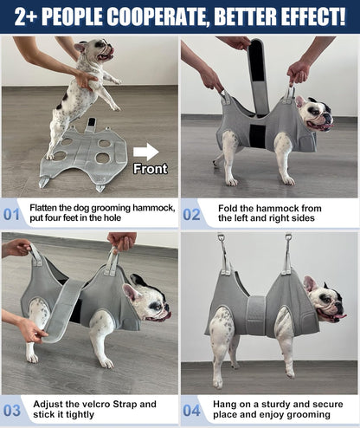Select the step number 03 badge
click(13, 410)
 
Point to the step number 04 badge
click(192, 410)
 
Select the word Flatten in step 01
click(48, 209)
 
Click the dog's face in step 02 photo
click(316, 113)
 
